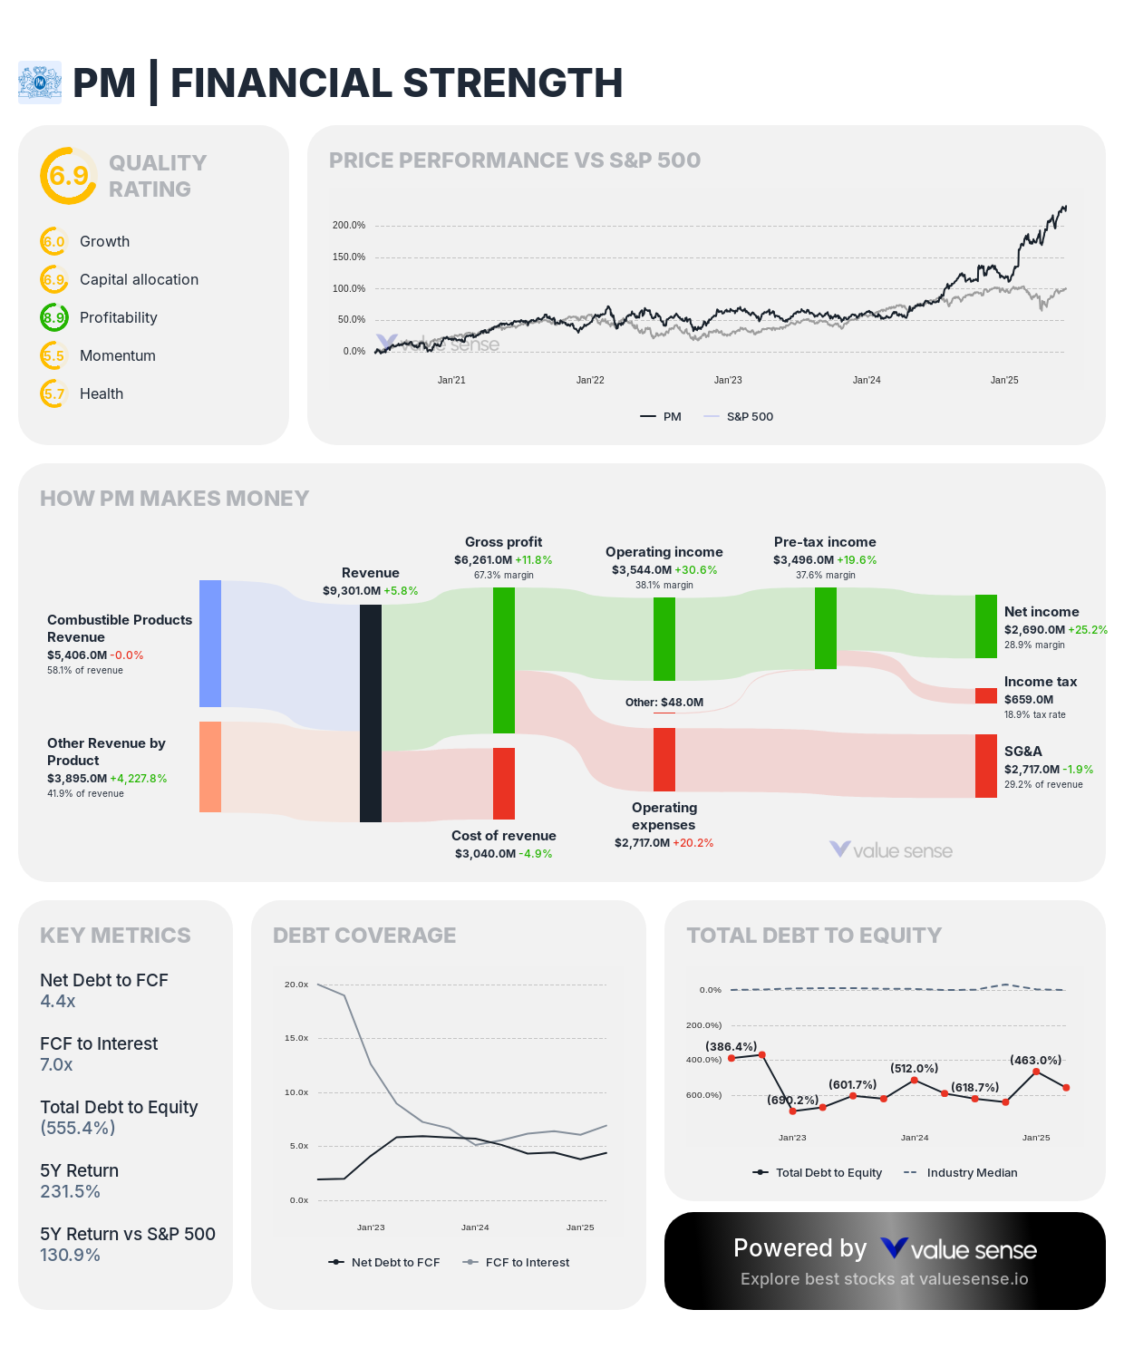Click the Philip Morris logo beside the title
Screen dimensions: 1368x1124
(40, 82)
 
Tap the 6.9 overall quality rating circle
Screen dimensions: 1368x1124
(68, 175)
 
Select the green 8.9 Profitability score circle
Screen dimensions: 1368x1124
(53, 317)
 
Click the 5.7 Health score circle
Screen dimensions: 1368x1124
(53, 393)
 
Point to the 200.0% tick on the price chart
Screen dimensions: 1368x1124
(349, 225)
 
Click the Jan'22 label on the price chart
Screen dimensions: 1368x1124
(590, 380)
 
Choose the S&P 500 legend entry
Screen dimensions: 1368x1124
(739, 416)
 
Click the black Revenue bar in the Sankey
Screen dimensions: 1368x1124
(370, 713)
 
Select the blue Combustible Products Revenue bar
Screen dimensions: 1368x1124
(210, 644)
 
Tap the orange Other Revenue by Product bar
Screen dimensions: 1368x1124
(210, 767)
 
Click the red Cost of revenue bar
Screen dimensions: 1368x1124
(504, 783)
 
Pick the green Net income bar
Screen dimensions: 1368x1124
(985, 626)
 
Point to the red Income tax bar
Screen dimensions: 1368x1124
(985, 695)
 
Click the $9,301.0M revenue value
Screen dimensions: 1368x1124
(352, 591)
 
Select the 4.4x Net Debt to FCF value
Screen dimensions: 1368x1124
(58, 1001)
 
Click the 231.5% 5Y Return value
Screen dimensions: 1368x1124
(70, 1191)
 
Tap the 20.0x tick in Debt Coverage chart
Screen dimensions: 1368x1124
(296, 985)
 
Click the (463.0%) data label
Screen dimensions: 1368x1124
(1035, 1060)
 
